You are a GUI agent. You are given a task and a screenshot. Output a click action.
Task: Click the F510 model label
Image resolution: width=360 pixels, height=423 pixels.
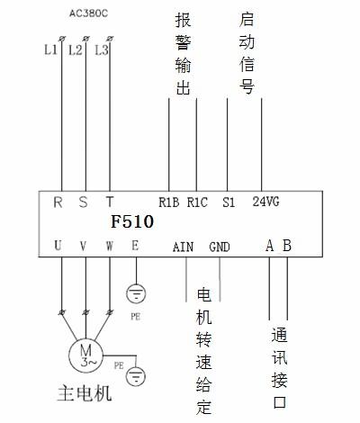pos(132,221)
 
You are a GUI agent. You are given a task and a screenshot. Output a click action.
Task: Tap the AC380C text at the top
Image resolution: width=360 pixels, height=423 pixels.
pos(88,13)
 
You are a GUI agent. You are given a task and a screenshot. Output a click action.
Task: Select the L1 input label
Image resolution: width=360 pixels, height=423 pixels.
pos(50,49)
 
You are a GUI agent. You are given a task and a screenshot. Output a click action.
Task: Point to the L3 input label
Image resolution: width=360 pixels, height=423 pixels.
pos(101,49)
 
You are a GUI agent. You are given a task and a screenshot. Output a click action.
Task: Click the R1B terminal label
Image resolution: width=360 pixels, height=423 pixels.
pos(169,202)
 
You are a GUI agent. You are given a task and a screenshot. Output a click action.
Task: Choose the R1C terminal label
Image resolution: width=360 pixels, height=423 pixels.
pos(197,202)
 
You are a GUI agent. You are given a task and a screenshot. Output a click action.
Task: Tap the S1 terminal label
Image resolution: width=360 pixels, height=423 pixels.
pos(229,202)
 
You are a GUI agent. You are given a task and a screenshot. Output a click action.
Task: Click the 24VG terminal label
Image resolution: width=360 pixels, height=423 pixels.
pos(265,202)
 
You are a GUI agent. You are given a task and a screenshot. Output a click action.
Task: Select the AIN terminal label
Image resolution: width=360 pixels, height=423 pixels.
pos(183,247)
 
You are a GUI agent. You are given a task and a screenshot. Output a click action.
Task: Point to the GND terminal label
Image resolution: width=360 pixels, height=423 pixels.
pos(220,247)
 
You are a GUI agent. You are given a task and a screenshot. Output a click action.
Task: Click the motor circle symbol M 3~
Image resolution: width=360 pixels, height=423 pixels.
pos(85,355)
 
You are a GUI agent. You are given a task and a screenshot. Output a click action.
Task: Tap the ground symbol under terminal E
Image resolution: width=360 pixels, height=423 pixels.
pos(136,293)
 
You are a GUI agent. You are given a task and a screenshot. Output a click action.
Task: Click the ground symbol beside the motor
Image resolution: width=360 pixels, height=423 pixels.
pos(136,376)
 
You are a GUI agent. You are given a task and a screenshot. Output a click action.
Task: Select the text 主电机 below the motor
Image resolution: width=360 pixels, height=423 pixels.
pos(85,393)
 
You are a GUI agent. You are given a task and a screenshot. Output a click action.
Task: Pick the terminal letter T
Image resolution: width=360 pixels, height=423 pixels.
pos(110,202)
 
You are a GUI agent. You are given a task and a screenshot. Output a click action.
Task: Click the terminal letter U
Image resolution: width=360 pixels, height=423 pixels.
pos(58,246)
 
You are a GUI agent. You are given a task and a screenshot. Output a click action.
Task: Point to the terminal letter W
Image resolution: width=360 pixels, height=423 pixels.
pos(110,246)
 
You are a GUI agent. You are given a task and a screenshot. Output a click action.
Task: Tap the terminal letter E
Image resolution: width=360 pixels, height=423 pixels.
pos(135,246)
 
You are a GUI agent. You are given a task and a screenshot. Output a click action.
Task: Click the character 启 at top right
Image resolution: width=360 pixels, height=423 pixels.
pos(247,20)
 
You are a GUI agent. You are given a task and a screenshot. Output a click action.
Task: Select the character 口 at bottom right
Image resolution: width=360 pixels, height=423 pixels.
pos(279,402)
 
